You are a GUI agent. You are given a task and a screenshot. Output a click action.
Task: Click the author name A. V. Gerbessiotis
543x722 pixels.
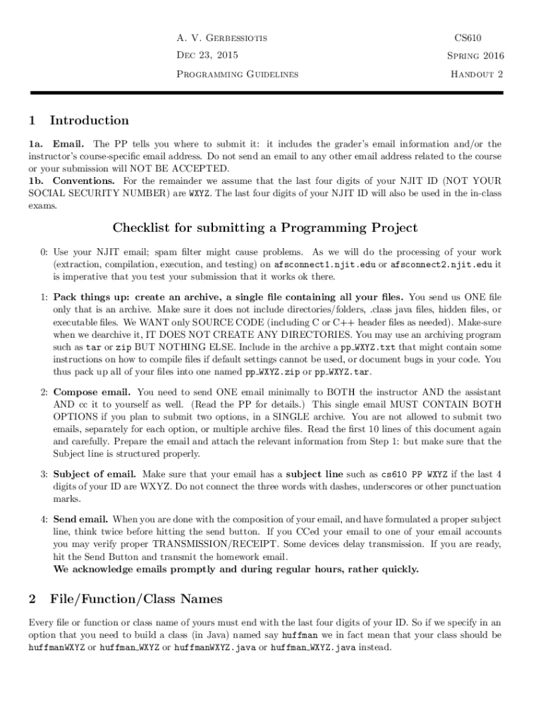pyautogui.click(x=221, y=37)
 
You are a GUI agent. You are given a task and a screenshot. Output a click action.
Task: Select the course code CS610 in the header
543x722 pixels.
pyautogui.click(x=468, y=37)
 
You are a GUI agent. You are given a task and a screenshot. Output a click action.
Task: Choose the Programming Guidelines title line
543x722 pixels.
pyautogui.click(x=236, y=73)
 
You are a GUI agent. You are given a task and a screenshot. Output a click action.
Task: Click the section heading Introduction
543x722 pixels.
pyautogui.click(x=89, y=121)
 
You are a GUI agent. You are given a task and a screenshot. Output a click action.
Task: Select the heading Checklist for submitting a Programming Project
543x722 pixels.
pyautogui.click(x=265, y=228)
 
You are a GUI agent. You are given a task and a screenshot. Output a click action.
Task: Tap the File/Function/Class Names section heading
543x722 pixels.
pyautogui.click(x=136, y=599)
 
